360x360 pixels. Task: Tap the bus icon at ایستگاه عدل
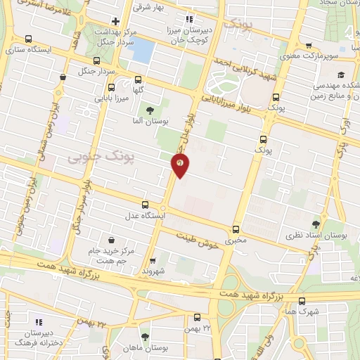(146, 205)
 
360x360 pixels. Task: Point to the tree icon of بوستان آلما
(149, 110)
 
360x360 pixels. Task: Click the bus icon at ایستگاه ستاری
(28, 39)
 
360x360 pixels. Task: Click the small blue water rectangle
(143, 50)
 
